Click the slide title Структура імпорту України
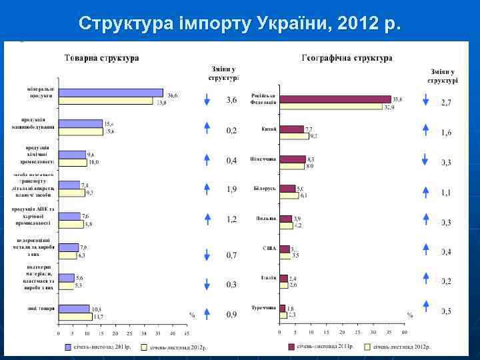click(x=240, y=24)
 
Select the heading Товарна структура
click(x=101, y=58)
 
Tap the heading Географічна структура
click(x=346, y=58)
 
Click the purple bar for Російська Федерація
click(x=335, y=99)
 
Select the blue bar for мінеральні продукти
click(x=110, y=93)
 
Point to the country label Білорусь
click(x=264, y=189)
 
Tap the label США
click(x=269, y=248)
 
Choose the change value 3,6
click(x=231, y=101)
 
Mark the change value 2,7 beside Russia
click(x=446, y=103)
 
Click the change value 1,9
click(x=231, y=189)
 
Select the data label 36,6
click(x=173, y=95)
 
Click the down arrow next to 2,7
click(x=425, y=101)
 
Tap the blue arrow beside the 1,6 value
click(x=425, y=131)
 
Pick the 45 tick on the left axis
click(x=187, y=333)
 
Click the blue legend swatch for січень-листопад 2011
click(x=69, y=347)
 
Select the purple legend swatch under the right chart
click(x=291, y=347)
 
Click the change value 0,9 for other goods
click(x=231, y=314)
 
